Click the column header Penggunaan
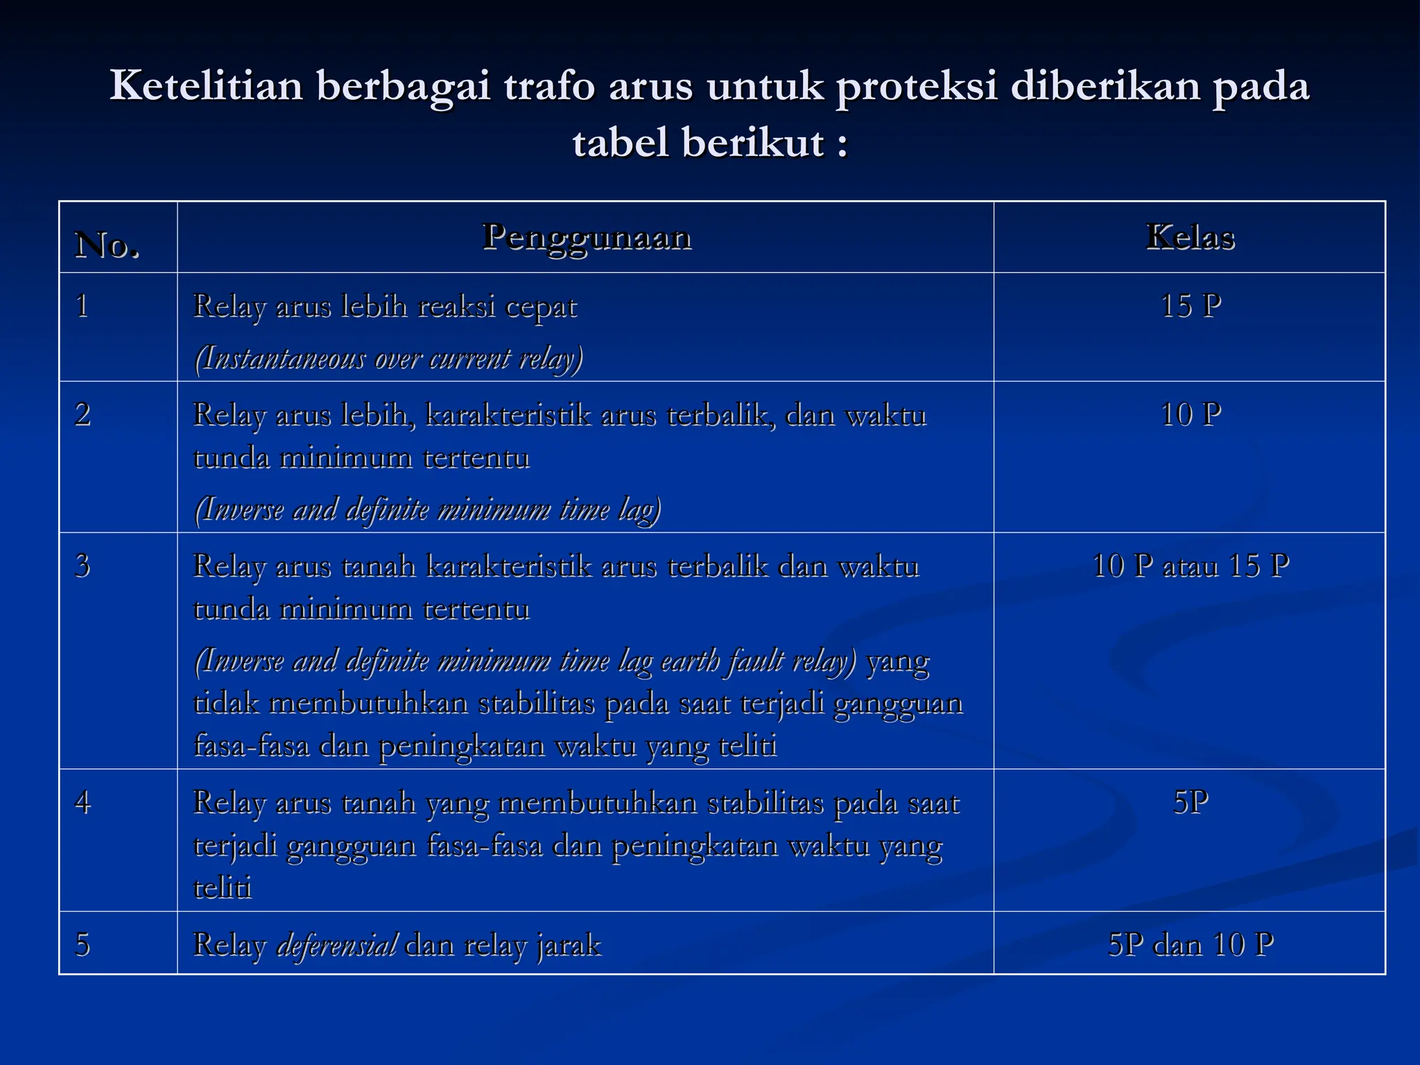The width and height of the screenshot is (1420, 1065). pyautogui.click(x=587, y=238)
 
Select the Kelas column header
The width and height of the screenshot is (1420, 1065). pyautogui.click(x=1190, y=238)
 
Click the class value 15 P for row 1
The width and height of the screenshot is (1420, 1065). pyautogui.click(x=1190, y=306)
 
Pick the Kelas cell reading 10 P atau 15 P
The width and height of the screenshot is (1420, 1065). pyautogui.click(x=1190, y=566)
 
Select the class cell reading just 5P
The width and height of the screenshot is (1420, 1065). pyautogui.click(x=1190, y=802)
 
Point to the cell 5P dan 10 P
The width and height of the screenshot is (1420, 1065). pyautogui.click(x=1190, y=944)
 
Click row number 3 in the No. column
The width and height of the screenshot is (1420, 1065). pyautogui.click(x=83, y=566)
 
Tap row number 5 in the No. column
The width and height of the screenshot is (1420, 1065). pyautogui.click(x=83, y=944)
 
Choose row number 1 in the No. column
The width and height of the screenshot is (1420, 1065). pyautogui.click(x=83, y=306)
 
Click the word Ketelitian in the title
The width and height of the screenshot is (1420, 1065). pyautogui.click(x=206, y=86)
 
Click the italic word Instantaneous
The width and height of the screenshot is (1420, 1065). pyautogui.click(x=280, y=358)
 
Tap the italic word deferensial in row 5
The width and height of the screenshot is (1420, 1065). pyautogui.click(x=337, y=944)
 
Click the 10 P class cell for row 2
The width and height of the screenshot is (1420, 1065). pyautogui.click(x=1190, y=415)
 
